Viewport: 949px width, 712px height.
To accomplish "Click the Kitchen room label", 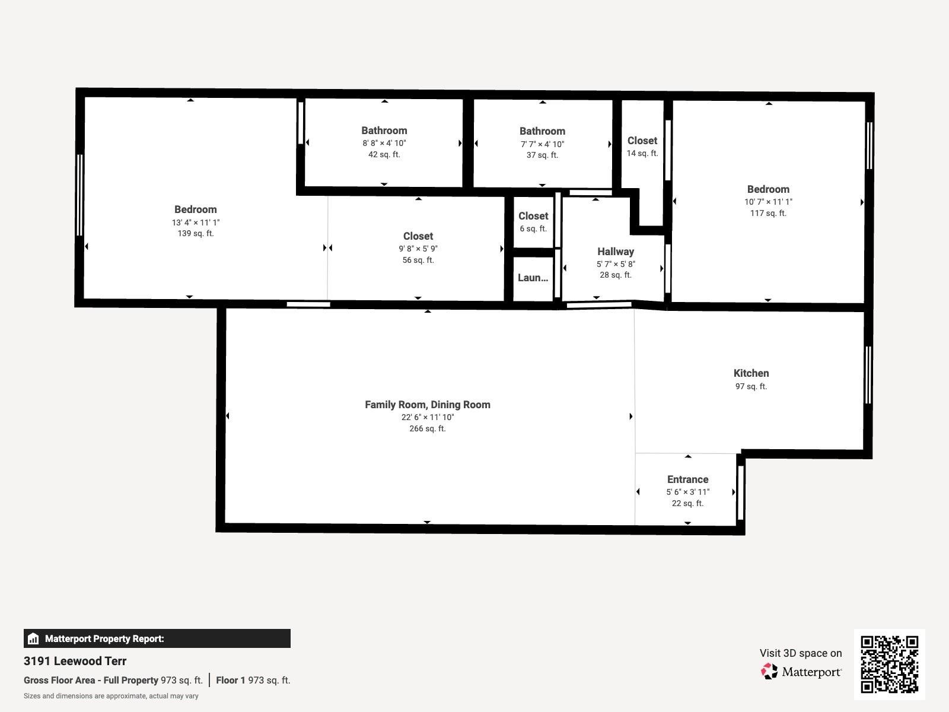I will [751, 373].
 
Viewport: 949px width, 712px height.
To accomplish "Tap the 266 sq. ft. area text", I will [427, 428].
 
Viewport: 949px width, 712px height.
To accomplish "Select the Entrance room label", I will [687, 479].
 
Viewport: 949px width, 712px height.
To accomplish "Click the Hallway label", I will [615, 252].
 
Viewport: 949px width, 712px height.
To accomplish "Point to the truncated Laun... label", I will [533, 278].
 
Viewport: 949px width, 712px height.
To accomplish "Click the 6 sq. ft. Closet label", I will [533, 216].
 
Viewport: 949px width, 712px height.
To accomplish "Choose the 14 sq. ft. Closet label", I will [642, 141].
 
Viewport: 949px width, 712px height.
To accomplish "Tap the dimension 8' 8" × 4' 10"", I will [384, 143].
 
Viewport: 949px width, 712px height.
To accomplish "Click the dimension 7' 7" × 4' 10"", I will [542, 144].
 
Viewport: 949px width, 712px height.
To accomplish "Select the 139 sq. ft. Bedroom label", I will [195, 209].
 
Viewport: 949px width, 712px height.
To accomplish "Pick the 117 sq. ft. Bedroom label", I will [768, 189].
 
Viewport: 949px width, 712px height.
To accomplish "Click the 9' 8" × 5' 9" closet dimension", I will [418, 249].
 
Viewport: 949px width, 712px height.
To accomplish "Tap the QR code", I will [889, 664].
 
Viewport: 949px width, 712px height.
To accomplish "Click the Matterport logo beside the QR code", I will [801, 672].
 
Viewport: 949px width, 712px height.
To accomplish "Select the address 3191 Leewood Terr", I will [75, 661].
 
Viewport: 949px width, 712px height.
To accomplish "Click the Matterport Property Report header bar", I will [157, 638].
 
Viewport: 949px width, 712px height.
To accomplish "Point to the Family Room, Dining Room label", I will [427, 405].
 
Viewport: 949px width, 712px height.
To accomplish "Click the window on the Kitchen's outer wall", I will [868, 375].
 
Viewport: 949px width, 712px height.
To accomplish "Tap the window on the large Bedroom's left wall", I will [79, 195].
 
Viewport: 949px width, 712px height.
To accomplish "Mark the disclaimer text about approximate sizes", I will [111, 696].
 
